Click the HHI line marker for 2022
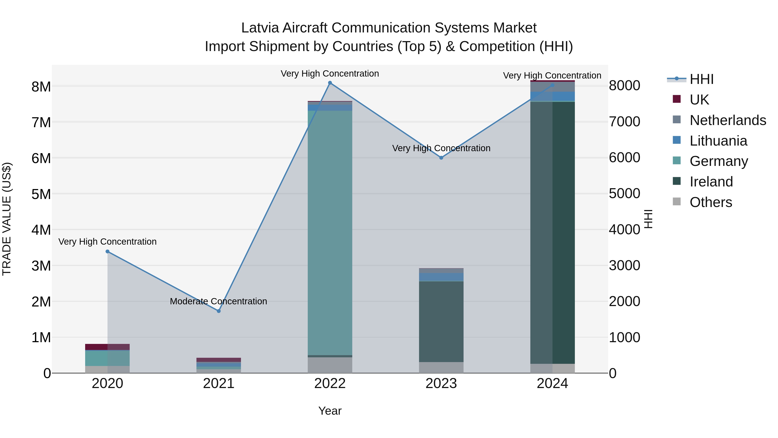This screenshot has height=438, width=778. click(x=330, y=83)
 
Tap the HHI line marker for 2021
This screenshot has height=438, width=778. click(x=219, y=311)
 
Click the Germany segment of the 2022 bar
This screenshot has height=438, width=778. click(x=330, y=233)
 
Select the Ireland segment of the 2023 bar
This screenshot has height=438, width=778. click(x=441, y=321)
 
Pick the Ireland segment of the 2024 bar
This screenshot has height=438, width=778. click(x=552, y=233)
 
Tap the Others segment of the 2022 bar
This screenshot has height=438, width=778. click(x=330, y=365)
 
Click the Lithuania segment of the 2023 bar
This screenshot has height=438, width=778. click(x=441, y=277)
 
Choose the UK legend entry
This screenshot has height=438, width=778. click(x=699, y=100)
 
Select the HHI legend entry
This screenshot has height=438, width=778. click(x=701, y=79)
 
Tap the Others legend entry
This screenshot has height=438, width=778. click(x=711, y=202)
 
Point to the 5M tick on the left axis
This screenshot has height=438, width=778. click(x=41, y=194)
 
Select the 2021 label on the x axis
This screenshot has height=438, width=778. click(x=219, y=383)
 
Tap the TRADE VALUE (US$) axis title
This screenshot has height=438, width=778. click(x=7, y=219)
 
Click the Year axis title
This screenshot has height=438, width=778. click(x=330, y=411)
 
